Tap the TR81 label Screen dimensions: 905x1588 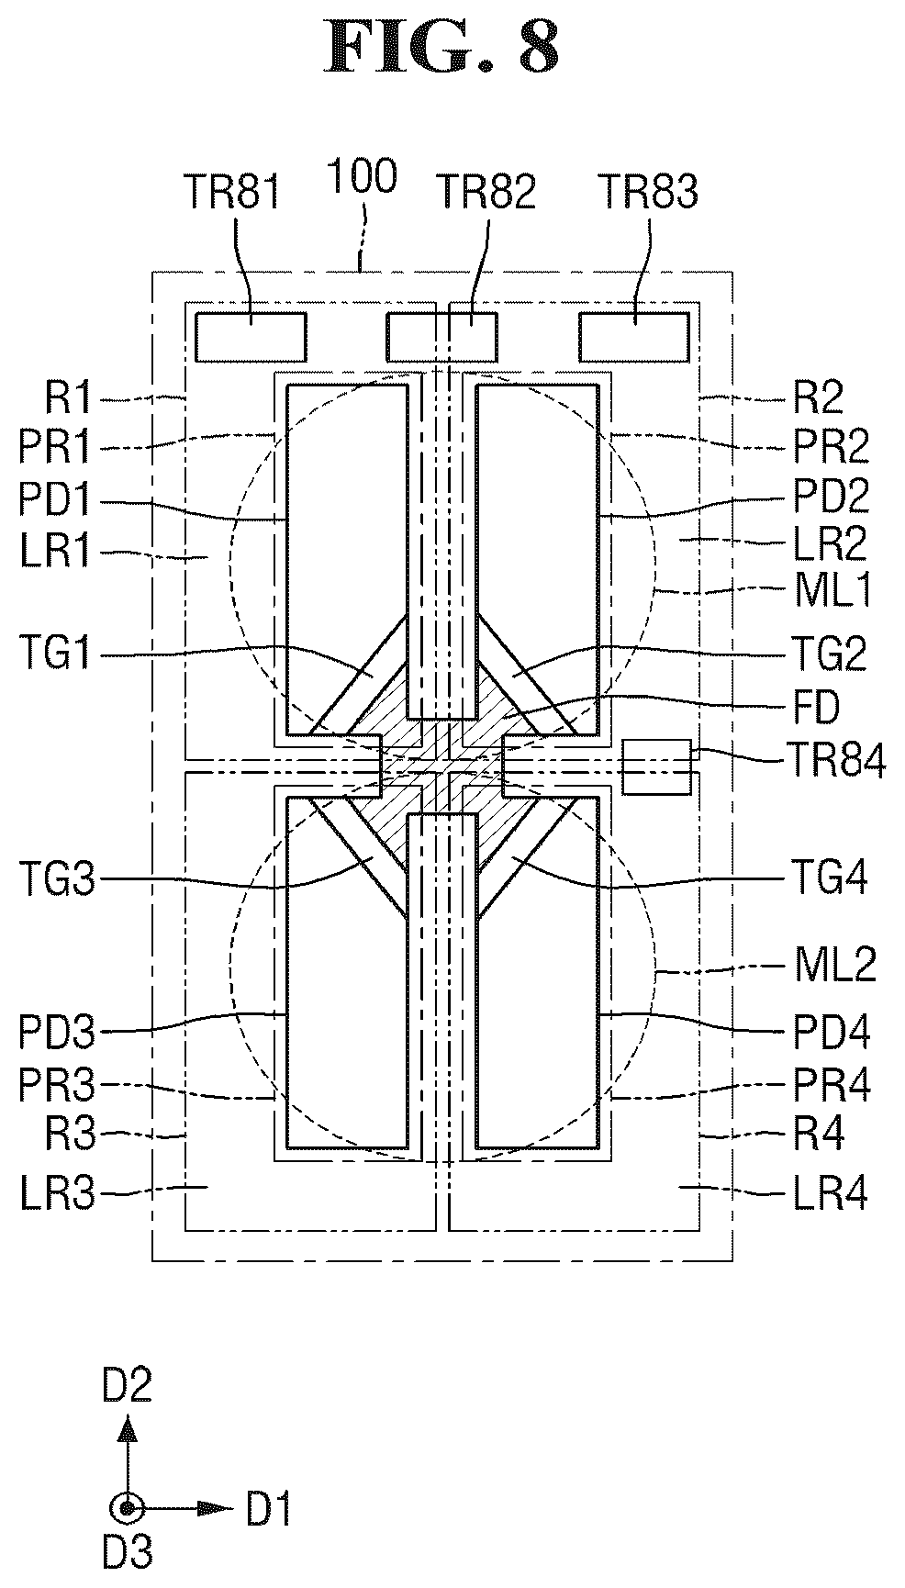233,193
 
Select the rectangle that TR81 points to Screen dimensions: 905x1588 251,337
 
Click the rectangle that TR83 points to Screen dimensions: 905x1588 633,337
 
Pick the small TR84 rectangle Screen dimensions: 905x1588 656,766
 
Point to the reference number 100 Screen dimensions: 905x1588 363,176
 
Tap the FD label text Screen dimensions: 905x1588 819,708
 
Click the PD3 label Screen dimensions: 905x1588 57,1034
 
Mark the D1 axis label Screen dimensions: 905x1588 269,1510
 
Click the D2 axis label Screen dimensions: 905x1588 128,1386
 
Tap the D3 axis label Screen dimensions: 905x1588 128,1552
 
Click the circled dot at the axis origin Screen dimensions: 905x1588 128,1508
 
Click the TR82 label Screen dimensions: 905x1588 486,193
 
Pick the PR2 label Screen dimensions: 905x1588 832,448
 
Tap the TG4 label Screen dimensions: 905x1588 832,878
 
